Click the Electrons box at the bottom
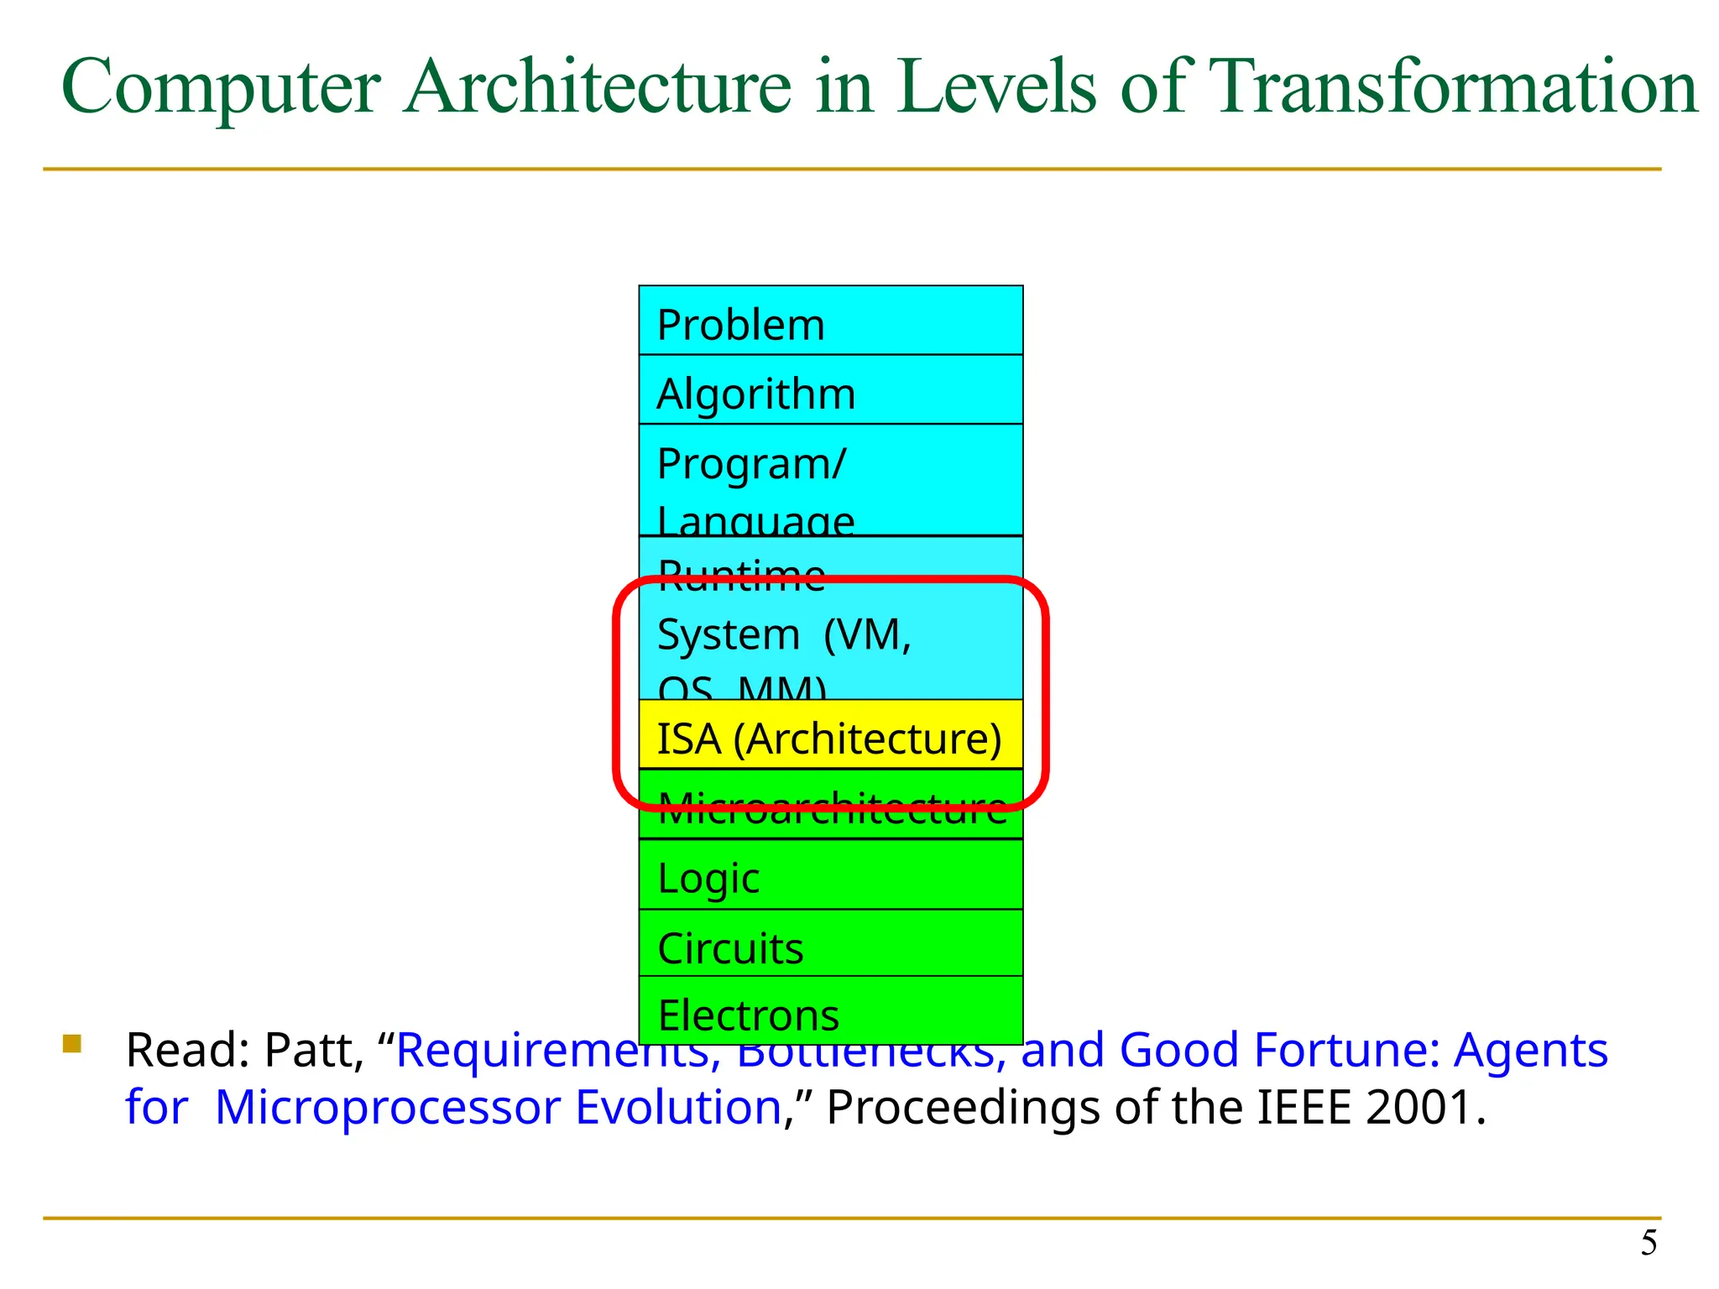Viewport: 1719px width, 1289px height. [x=830, y=1012]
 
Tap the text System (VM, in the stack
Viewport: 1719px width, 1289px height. [x=783, y=634]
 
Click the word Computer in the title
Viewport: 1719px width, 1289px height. [x=221, y=87]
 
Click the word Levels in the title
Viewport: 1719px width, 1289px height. [x=996, y=87]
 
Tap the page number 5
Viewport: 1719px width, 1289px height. [x=1648, y=1243]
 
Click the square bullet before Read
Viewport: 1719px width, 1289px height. [x=72, y=1044]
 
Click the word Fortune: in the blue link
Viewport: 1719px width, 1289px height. [x=1345, y=1051]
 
